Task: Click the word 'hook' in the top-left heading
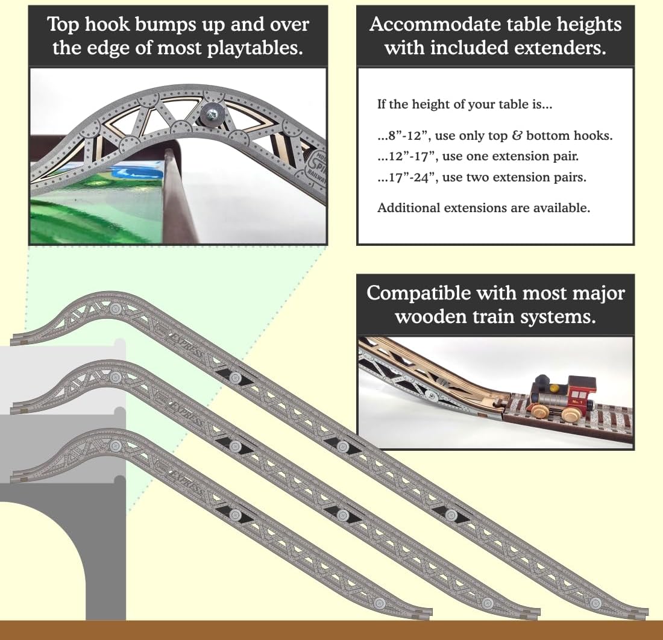(x=136, y=25)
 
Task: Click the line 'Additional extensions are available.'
(x=483, y=208)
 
